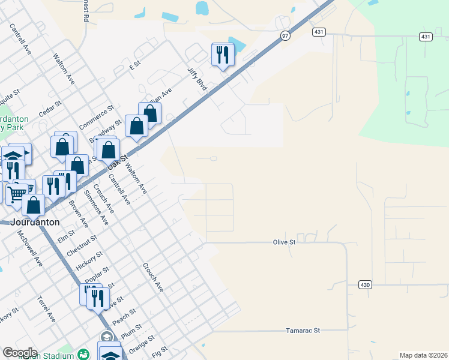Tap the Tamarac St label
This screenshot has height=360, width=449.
pos(303,330)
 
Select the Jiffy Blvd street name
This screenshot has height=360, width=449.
pos(197,80)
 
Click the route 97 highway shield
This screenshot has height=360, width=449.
pos(285,36)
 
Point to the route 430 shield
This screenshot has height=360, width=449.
pos(366,284)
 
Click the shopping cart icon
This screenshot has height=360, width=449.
pos(17,194)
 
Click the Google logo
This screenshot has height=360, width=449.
pos(20,353)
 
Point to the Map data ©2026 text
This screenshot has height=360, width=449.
pos(424,355)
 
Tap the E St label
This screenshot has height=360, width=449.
pos(134,63)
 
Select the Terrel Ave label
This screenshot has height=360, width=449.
pos(46,308)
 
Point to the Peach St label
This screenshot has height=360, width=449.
pos(122,318)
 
